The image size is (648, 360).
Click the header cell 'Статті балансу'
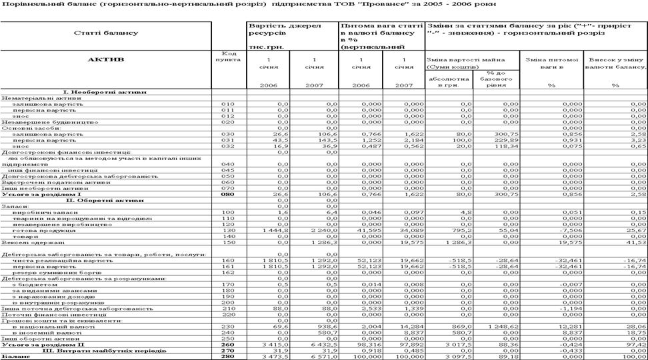(x=107, y=33)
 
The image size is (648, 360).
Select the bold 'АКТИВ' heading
(x=107, y=59)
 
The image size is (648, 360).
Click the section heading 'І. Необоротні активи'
(x=106, y=91)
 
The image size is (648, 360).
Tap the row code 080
(x=228, y=194)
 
